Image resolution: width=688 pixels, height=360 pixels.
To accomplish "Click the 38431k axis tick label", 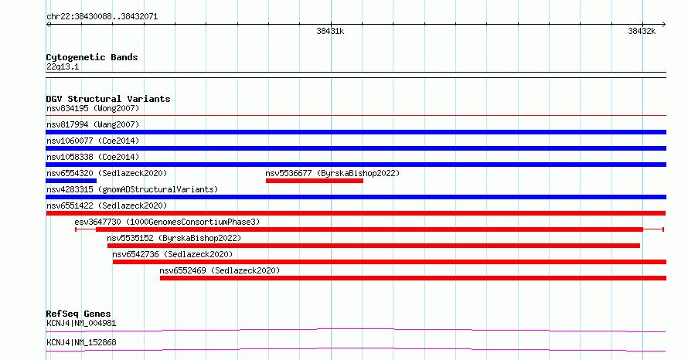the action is (x=330, y=31).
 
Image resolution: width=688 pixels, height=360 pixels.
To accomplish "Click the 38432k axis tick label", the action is (x=642, y=31).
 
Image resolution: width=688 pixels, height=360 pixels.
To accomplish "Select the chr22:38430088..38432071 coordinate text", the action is (x=102, y=16).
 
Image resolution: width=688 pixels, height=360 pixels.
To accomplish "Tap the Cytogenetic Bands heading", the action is (x=92, y=57).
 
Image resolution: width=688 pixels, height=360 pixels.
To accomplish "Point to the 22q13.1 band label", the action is (x=63, y=66).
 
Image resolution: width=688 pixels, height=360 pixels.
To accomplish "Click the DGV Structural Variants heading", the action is (x=108, y=99).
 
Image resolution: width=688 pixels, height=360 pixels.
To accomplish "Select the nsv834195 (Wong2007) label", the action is (x=93, y=108).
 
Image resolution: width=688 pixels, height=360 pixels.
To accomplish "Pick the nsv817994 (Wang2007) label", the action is (x=93, y=124).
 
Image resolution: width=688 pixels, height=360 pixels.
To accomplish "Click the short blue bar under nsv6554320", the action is (x=71, y=181).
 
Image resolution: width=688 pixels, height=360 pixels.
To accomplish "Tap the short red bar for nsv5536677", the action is (x=314, y=181).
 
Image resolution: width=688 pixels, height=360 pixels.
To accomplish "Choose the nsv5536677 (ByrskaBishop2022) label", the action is (x=332, y=173).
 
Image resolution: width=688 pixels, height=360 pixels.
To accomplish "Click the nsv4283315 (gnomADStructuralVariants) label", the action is (x=132, y=189).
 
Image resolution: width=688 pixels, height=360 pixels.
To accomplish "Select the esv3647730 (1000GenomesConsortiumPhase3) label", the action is (x=167, y=222).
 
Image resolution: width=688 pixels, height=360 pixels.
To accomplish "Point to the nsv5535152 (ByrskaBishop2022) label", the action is (x=174, y=238).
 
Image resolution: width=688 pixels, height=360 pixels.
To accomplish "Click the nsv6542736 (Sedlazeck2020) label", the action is (x=172, y=254).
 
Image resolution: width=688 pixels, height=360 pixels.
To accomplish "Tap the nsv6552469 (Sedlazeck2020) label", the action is (x=220, y=270).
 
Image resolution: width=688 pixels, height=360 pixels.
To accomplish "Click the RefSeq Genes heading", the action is (x=79, y=314).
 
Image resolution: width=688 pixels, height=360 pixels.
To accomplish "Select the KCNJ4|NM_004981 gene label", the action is (x=81, y=323).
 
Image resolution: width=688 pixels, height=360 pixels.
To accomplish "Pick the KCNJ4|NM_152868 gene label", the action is (x=81, y=342).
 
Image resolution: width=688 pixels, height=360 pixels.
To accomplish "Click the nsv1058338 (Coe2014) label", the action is (x=93, y=157).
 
